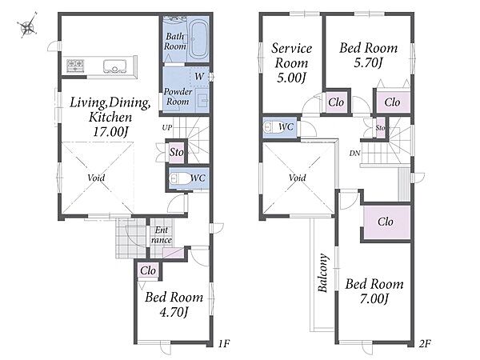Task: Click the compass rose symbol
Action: (27, 26)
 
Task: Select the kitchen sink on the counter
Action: (114, 66)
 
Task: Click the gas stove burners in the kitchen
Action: (75, 66)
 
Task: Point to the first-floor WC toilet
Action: (180, 178)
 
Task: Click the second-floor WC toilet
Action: (274, 126)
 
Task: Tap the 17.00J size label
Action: (110, 132)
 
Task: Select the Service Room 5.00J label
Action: (291, 63)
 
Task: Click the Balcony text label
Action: (322, 273)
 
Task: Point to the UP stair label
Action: (167, 128)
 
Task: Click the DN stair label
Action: (354, 154)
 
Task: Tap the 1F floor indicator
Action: (224, 344)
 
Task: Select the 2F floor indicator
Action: (425, 344)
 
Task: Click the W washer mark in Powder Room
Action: (199, 76)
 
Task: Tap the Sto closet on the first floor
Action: (177, 152)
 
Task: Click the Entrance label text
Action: (162, 235)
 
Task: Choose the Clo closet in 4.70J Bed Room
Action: (148, 271)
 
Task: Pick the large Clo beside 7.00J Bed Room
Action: (385, 222)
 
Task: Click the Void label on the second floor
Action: (298, 178)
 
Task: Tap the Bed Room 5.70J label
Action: (369, 55)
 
